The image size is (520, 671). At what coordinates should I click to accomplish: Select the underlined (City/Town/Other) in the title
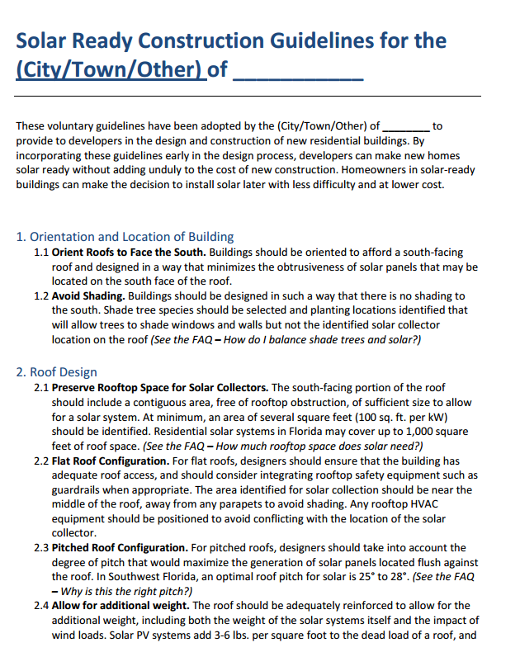pyautogui.click(x=109, y=69)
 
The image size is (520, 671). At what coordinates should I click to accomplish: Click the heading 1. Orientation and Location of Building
pyautogui.click(x=125, y=237)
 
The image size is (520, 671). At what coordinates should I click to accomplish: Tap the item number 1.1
pyautogui.click(x=42, y=252)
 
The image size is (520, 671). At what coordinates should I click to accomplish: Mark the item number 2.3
pyautogui.click(x=42, y=548)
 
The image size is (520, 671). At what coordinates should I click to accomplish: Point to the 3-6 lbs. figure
pyautogui.click(x=213, y=635)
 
